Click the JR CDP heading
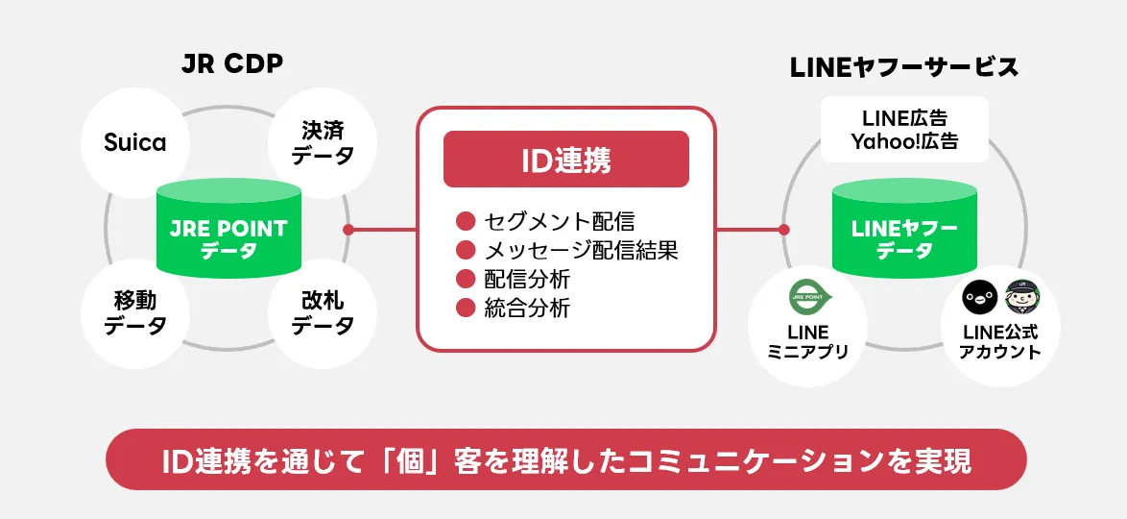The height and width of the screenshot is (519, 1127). click(x=232, y=63)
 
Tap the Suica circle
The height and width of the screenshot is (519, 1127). click(x=134, y=143)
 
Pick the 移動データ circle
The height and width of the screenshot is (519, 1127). click(x=135, y=314)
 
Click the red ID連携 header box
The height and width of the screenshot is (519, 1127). click(x=565, y=160)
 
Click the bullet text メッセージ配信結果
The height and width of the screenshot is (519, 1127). click(x=581, y=251)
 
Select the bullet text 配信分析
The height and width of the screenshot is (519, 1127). click(x=527, y=280)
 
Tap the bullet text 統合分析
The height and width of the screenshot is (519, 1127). click(x=527, y=309)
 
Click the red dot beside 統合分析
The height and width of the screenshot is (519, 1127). click(x=466, y=309)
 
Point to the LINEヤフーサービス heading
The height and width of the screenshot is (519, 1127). click(x=903, y=67)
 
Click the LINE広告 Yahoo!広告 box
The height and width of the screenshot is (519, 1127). click(x=904, y=130)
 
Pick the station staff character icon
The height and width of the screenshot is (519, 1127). click(x=1020, y=298)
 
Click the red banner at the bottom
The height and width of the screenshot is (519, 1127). click(x=565, y=459)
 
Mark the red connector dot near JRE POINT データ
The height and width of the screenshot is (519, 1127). click(x=348, y=230)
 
